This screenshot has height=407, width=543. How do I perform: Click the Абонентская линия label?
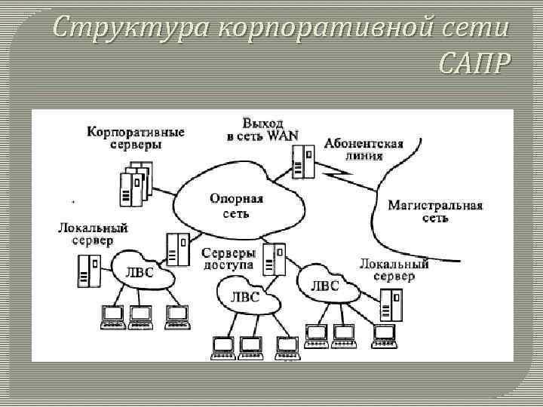coord(364,149)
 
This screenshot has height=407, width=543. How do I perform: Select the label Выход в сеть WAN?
coord(262,129)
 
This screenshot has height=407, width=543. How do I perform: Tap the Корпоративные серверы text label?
coord(136,137)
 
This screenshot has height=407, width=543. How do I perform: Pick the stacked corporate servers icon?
coord(133,184)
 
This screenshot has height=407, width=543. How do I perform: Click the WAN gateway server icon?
coord(302,162)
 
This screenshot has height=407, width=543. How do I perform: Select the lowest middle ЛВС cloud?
coord(246,297)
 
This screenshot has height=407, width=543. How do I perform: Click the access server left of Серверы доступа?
coord(178,249)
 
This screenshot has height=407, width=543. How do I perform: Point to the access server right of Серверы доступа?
coord(275,259)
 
